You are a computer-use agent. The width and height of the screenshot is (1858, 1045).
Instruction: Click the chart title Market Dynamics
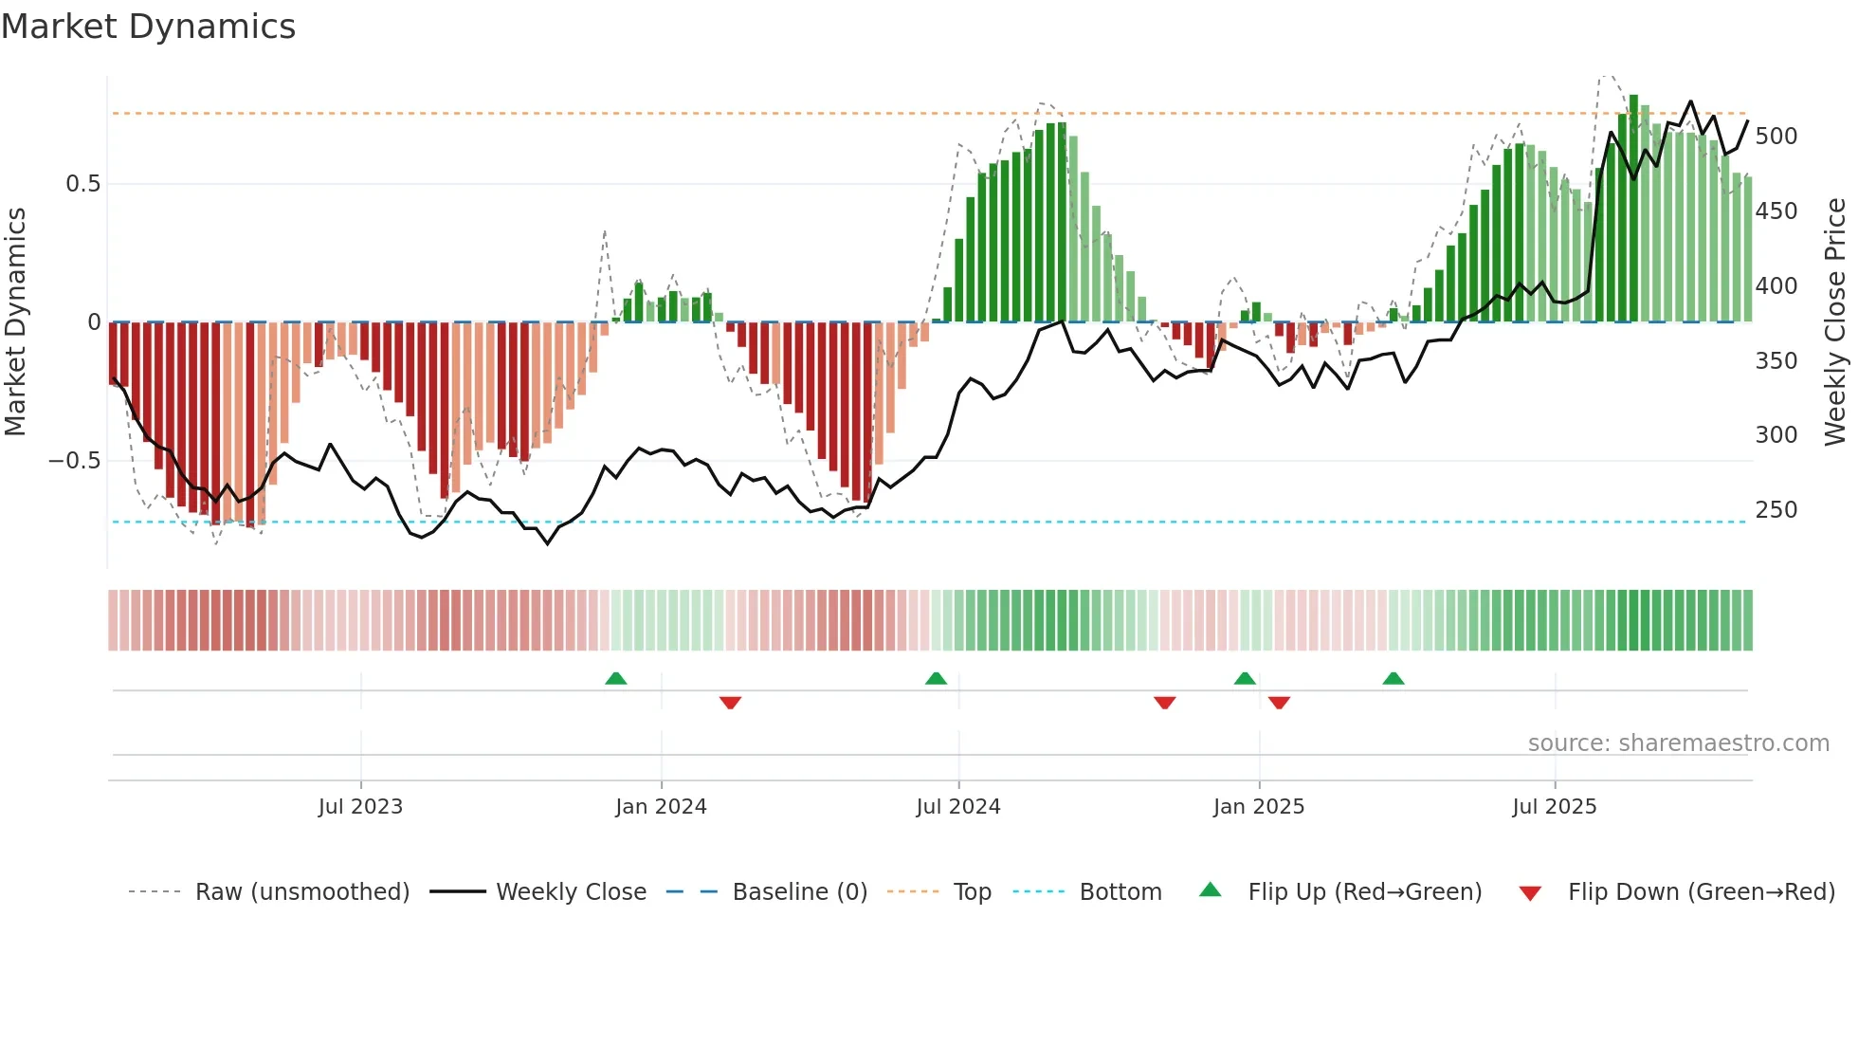[x=148, y=27]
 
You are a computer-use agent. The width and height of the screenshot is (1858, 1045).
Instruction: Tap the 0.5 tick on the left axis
[x=83, y=184]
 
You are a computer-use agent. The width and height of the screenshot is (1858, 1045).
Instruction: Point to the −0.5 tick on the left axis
[x=75, y=461]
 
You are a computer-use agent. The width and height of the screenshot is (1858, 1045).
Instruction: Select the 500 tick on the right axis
[x=1776, y=137]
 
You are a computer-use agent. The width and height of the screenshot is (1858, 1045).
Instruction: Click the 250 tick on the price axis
[x=1776, y=510]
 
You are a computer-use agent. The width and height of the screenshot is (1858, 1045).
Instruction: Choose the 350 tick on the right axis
[x=1776, y=361]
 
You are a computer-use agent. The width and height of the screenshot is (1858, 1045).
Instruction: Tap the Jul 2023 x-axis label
[x=360, y=807]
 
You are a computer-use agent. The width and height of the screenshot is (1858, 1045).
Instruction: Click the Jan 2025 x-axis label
[x=1258, y=807]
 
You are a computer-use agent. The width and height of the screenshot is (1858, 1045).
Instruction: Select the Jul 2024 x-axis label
[x=957, y=807]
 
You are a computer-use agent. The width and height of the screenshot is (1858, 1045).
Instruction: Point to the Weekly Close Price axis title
[x=1835, y=322]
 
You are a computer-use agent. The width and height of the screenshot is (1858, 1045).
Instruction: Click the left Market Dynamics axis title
[x=15, y=322]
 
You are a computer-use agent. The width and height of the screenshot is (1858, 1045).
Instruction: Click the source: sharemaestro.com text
[x=1678, y=743]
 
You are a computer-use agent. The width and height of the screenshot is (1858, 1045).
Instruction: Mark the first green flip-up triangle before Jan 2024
[x=616, y=678]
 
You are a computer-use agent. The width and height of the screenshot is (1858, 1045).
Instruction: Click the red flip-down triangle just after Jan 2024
[x=730, y=703]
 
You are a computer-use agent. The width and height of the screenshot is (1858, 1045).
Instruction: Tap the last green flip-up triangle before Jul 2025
[x=1393, y=678]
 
